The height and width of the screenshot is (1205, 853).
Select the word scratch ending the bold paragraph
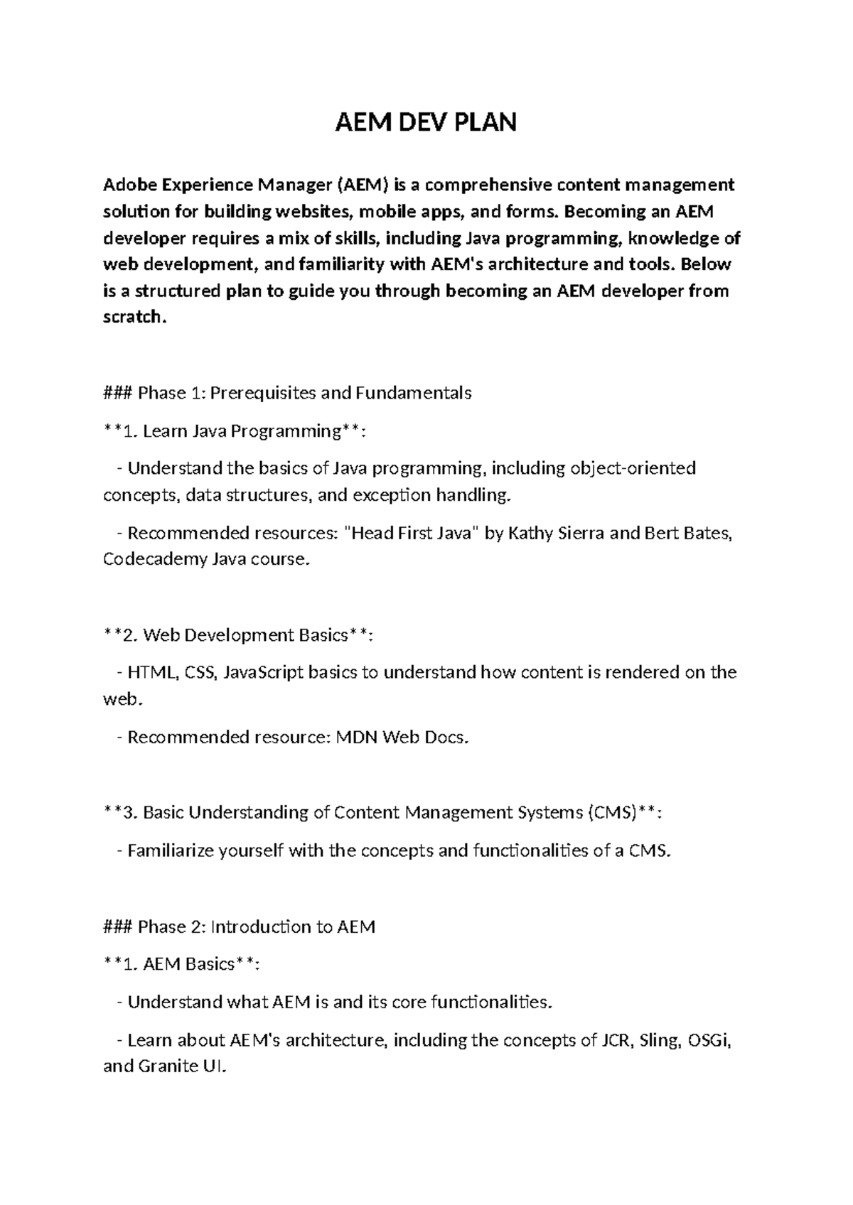(x=133, y=317)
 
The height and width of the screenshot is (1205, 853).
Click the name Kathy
(x=530, y=533)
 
